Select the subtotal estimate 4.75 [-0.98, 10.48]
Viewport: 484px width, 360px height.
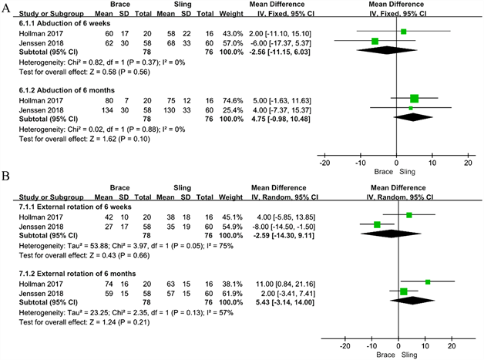coord(281,117)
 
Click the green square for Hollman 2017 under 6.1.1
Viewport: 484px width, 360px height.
coord(403,32)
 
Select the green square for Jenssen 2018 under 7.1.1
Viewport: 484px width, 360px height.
coord(377,225)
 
